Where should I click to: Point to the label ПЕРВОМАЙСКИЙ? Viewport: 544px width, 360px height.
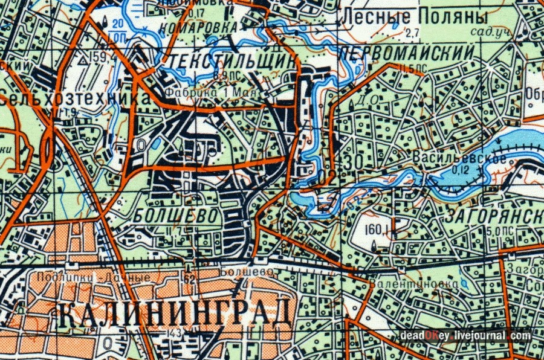point(406,53)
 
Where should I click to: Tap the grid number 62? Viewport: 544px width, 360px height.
point(189,279)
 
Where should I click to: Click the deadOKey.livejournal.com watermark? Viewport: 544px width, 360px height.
point(465,336)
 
